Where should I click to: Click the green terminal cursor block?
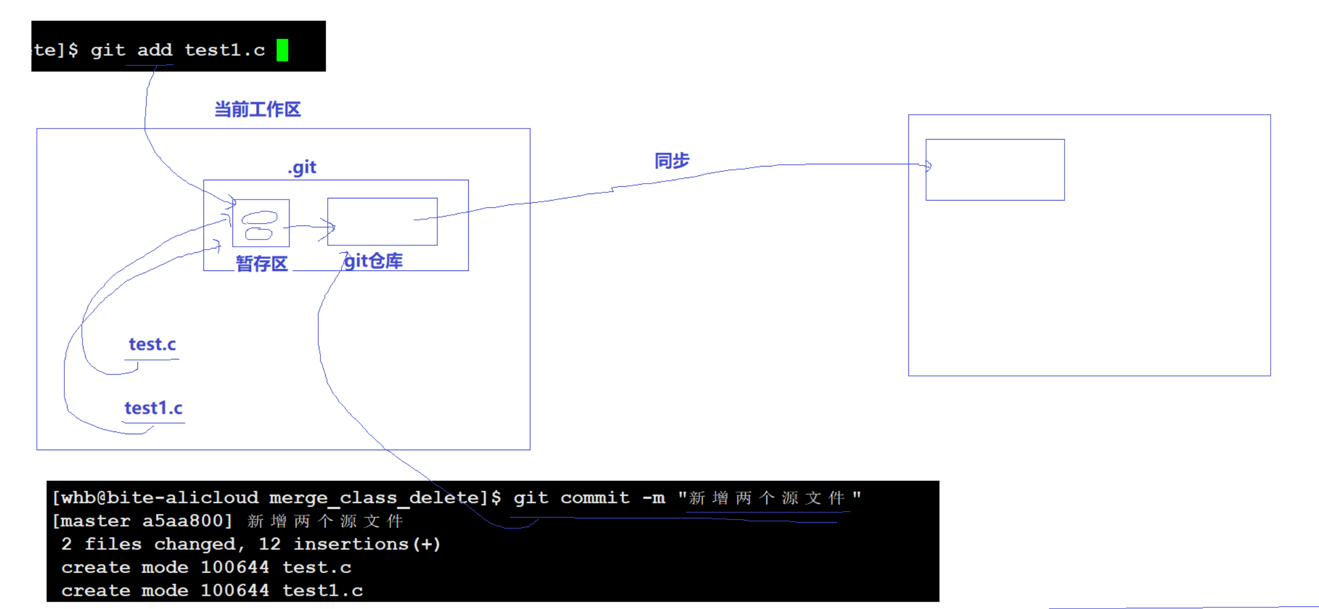tap(282, 50)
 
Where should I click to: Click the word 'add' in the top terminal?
tap(155, 50)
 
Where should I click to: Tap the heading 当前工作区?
tap(257, 109)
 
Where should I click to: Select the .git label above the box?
tap(302, 167)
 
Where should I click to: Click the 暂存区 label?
tap(262, 264)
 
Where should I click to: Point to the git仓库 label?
tap(374, 261)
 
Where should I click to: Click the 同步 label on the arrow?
tap(672, 161)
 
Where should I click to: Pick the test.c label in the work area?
tap(152, 345)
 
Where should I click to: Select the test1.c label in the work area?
tap(153, 408)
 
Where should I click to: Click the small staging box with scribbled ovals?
tap(261, 223)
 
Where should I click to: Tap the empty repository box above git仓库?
tap(383, 222)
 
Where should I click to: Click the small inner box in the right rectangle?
tap(995, 170)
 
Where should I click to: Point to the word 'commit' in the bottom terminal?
tap(595, 498)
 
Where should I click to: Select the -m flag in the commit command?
tap(654, 498)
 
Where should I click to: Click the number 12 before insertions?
tap(269, 544)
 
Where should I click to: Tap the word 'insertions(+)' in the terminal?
tap(367, 544)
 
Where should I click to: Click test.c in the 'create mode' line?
tap(317, 567)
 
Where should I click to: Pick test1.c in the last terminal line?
tap(323, 591)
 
